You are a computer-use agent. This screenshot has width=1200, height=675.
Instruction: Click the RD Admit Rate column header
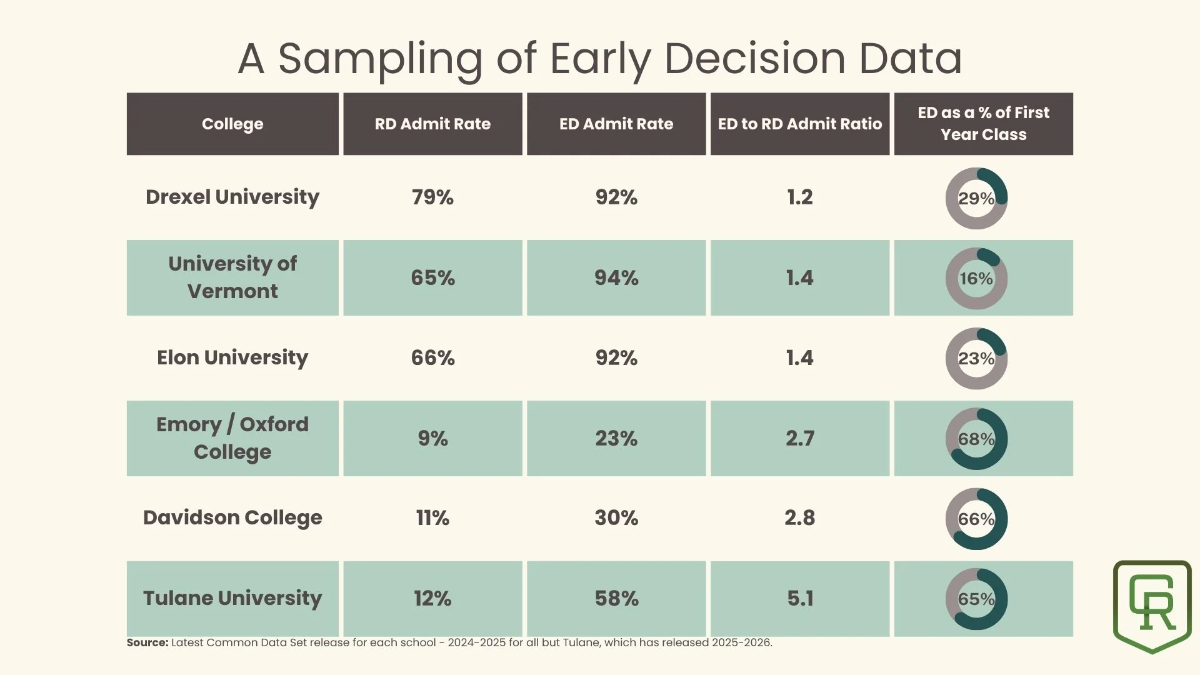tap(432, 124)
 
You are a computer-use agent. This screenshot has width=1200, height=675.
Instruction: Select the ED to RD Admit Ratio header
tap(799, 124)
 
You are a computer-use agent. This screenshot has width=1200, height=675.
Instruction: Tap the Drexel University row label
tap(232, 197)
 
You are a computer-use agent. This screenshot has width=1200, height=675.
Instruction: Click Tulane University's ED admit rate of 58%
tap(616, 598)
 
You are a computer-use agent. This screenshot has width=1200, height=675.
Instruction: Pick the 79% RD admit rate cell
tap(432, 197)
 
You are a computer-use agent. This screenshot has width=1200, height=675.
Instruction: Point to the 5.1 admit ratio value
tap(800, 598)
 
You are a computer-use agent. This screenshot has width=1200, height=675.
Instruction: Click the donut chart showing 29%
tap(976, 198)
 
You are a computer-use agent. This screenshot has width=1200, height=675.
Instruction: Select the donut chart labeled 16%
tap(976, 278)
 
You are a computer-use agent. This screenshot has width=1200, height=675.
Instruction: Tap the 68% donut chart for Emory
tap(976, 439)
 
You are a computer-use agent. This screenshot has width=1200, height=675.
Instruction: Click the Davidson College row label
tap(232, 517)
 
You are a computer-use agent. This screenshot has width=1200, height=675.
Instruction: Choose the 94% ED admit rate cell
tap(616, 277)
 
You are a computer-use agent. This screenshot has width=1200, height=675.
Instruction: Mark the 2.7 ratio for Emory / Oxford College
tap(800, 438)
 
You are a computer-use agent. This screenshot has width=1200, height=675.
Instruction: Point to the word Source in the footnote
tap(147, 642)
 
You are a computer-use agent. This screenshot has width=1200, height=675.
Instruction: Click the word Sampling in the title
tap(380, 59)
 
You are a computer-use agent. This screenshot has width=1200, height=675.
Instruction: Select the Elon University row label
tap(232, 357)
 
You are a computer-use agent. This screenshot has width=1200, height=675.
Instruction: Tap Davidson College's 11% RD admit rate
tap(432, 517)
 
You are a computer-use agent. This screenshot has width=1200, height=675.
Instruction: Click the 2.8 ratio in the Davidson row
tap(800, 517)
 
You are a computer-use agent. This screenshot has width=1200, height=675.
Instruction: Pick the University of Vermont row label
tap(232, 277)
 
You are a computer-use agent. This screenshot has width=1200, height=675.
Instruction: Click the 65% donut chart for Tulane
tap(976, 599)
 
